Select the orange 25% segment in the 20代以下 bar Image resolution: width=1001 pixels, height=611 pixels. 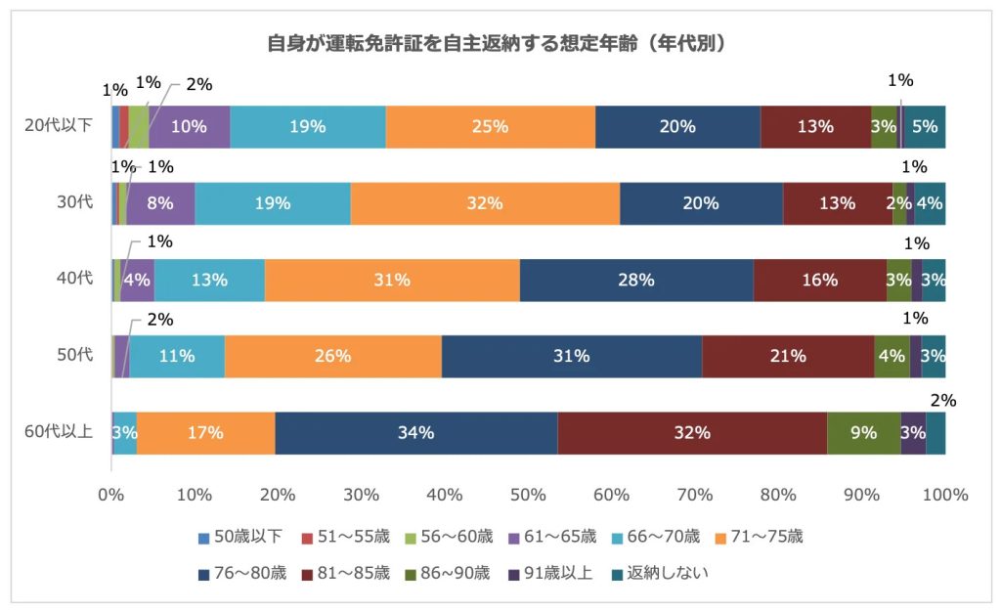490,126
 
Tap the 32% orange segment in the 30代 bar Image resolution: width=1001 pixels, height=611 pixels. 485,203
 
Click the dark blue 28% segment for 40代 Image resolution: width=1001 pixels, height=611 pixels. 636,280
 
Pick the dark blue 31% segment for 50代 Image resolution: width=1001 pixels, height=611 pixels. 572,356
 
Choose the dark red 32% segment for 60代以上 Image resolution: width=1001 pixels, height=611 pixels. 692,432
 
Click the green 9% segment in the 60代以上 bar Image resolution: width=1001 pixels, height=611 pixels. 863,432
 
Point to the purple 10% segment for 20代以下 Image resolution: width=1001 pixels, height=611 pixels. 189,126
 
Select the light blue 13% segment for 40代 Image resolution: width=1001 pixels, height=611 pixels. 209,280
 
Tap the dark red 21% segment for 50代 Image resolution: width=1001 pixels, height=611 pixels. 787,356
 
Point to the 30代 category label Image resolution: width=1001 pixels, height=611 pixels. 76,203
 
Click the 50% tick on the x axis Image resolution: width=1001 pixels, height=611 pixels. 528,495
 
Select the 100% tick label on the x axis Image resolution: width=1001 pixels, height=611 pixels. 944,495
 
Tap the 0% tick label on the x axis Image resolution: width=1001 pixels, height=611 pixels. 111,495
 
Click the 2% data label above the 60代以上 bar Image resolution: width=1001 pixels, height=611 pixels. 943,400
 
